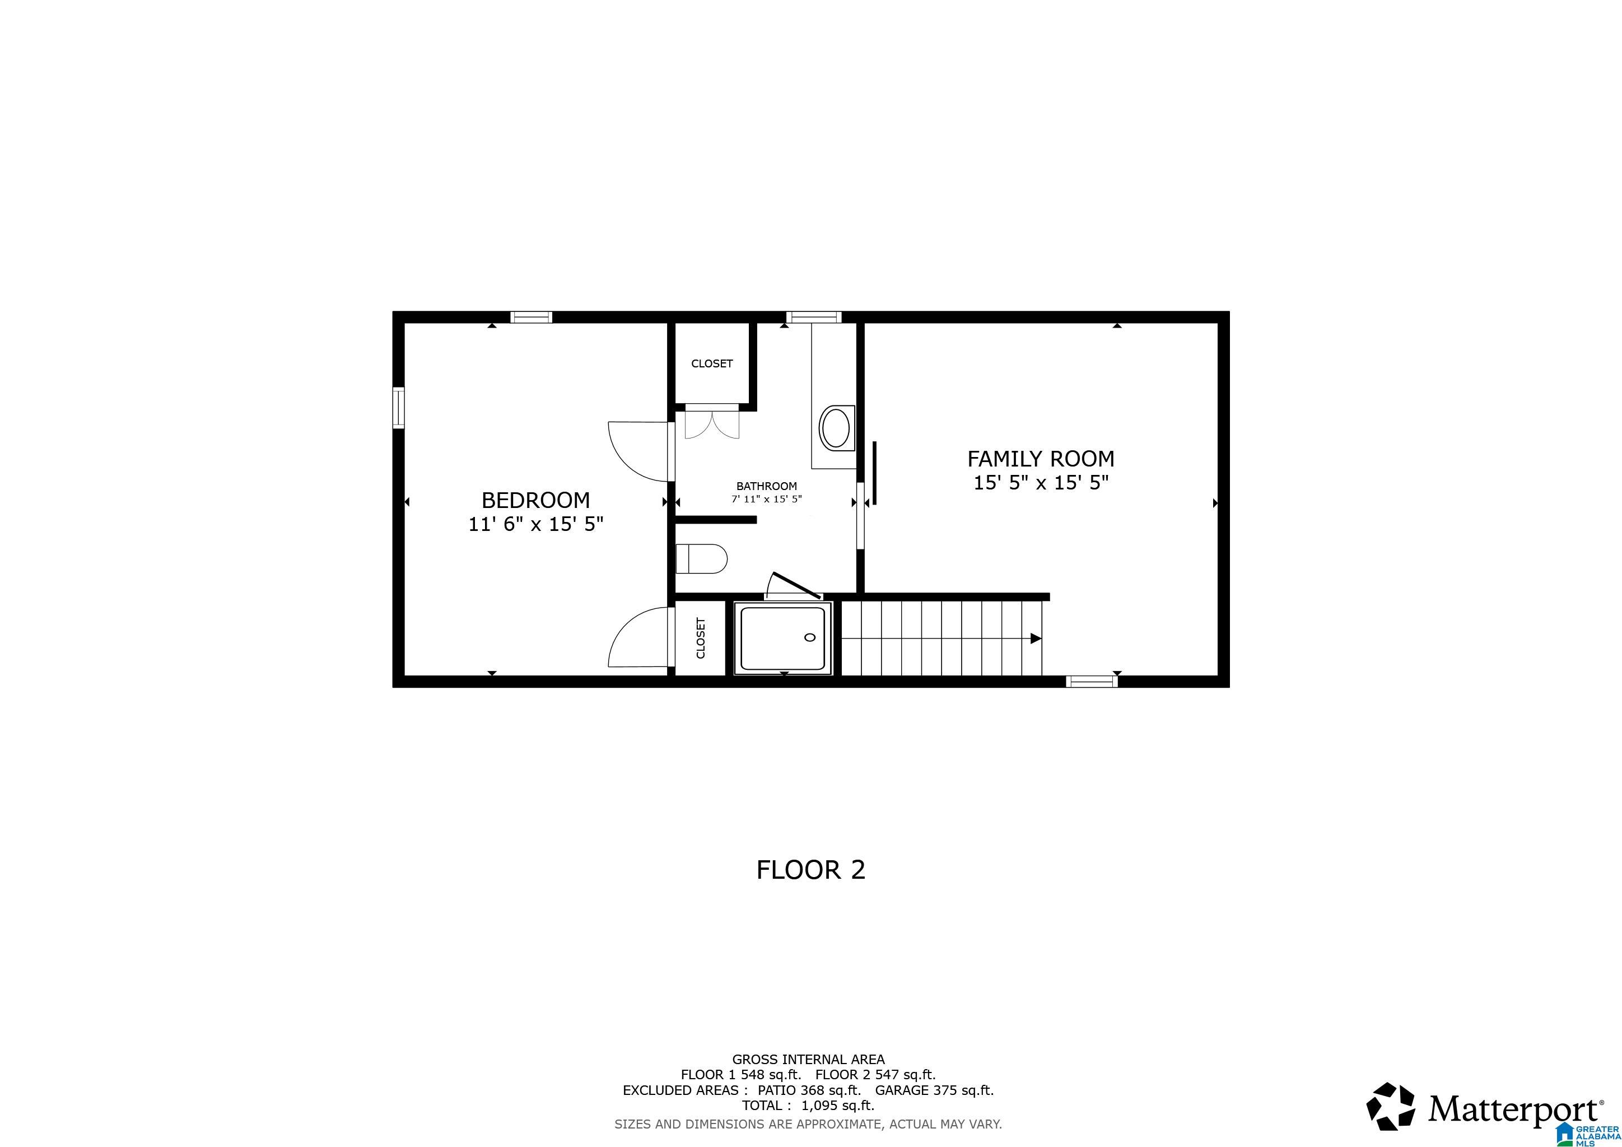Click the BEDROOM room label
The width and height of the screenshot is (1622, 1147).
pyautogui.click(x=535, y=500)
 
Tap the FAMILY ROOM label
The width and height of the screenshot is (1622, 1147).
pyautogui.click(x=1041, y=459)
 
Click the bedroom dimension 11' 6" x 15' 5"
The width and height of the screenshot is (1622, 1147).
pyautogui.click(x=535, y=524)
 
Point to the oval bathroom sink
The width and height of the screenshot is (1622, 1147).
pyautogui.click(x=836, y=427)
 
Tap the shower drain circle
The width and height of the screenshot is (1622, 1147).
pyautogui.click(x=809, y=637)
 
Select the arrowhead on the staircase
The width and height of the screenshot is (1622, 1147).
pyautogui.click(x=1035, y=638)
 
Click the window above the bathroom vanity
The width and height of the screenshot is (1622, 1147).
pyautogui.click(x=814, y=317)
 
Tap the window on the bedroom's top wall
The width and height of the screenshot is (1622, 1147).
pyautogui.click(x=532, y=317)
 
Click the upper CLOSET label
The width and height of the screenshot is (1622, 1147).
pyautogui.click(x=711, y=363)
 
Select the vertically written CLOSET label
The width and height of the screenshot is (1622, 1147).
pyautogui.click(x=701, y=638)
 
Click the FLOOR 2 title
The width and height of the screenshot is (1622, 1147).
pyautogui.click(x=810, y=869)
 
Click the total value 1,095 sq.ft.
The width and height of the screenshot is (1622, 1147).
pyautogui.click(x=837, y=1106)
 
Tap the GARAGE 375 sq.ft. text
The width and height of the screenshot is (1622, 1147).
pyautogui.click(x=934, y=1090)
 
